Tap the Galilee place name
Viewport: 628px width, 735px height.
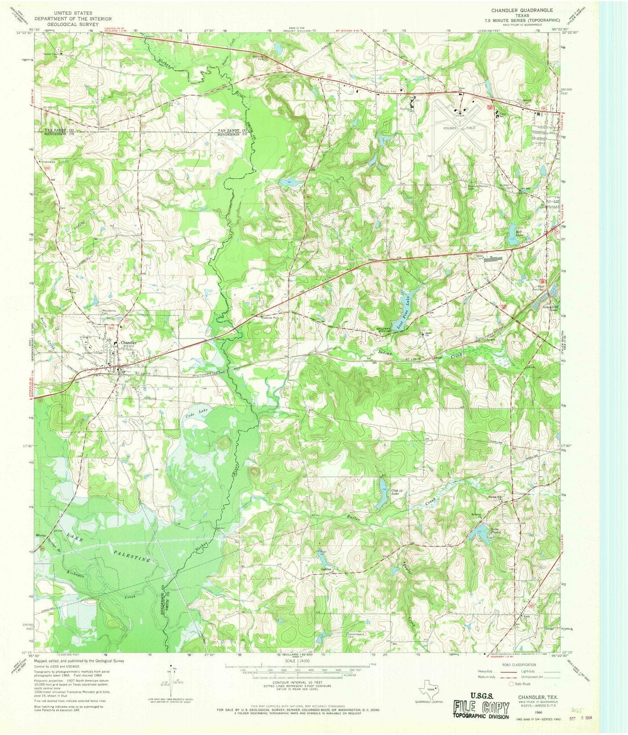pos(326,569)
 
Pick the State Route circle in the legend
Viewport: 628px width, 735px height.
pos(510,684)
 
